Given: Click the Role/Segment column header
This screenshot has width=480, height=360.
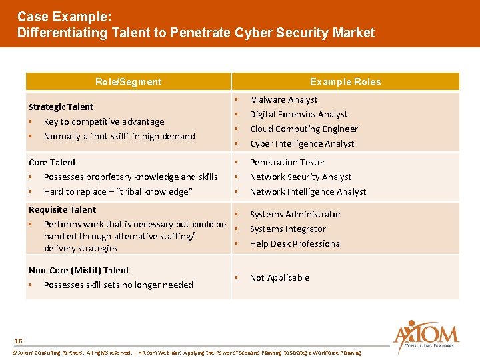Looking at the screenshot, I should (128, 82).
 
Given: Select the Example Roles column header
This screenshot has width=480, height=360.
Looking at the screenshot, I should (345, 82).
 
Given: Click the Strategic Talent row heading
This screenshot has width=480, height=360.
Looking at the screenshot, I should (61, 107).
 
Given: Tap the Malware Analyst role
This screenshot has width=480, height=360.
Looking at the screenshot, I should (283, 99).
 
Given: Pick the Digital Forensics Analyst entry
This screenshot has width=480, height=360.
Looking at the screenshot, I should (299, 114).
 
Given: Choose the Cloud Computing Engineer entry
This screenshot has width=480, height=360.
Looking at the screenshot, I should (303, 129).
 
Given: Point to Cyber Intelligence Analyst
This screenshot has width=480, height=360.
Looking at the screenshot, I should (302, 143).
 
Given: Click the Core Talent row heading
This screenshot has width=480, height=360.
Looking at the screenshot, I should (52, 162).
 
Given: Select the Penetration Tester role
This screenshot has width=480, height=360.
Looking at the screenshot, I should (287, 162).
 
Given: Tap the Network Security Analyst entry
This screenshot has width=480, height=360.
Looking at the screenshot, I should (300, 177).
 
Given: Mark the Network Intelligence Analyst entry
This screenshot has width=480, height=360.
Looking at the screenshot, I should (308, 191).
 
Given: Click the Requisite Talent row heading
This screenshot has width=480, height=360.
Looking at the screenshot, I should (62, 209).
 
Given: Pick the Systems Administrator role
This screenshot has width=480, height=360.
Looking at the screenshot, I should (295, 214).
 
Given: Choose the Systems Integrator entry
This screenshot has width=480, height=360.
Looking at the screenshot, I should (287, 229).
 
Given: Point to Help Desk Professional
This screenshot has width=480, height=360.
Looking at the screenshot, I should (295, 243).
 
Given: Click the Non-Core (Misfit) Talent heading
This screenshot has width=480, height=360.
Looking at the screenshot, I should (79, 270).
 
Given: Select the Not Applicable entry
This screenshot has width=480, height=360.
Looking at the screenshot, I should (279, 277).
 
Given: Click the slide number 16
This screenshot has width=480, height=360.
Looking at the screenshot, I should (18, 340).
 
